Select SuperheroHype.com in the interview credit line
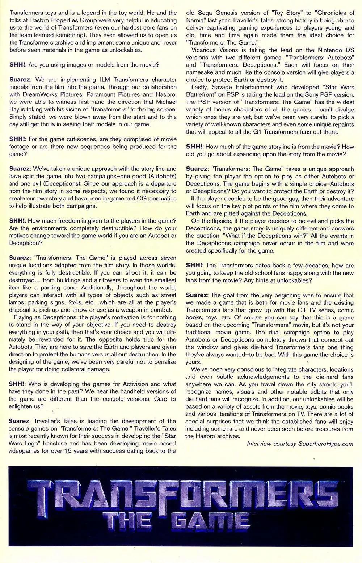pos(326,444)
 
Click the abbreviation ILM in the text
pos(105,80)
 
